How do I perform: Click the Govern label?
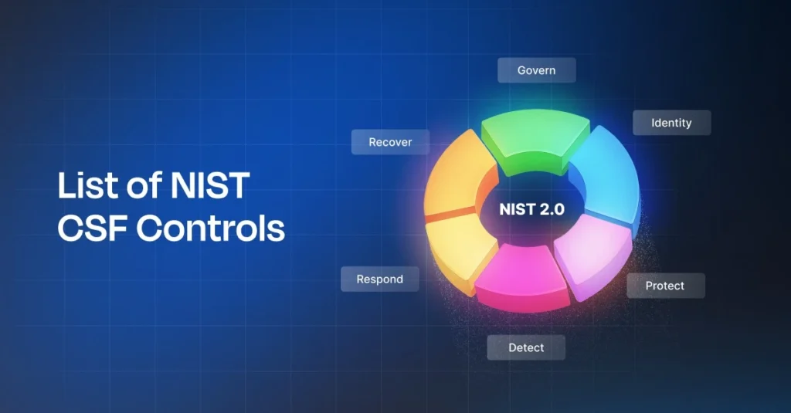point(536,70)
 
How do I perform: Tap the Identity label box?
point(671,123)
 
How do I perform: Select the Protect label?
point(665,286)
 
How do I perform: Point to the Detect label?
point(526,347)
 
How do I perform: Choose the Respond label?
point(379,279)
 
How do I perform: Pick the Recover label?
point(390,142)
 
